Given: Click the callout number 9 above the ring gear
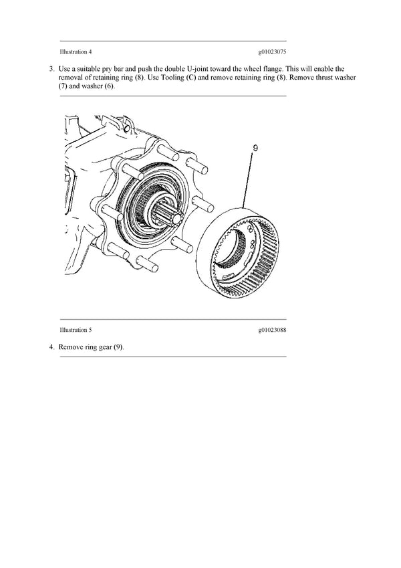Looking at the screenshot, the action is (x=255, y=148).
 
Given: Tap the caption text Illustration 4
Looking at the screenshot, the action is (x=76, y=52).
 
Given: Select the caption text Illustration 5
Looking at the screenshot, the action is (x=76, y=330).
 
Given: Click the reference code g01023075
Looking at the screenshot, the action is (x=272, y=52).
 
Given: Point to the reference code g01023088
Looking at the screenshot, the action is (x=272, y=330).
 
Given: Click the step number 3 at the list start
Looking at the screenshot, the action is (x=51, y=69).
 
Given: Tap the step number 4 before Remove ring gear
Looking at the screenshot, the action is (x=51, y=347).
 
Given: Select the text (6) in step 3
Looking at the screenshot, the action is (x=109, y=86).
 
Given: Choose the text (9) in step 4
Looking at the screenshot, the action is (x=118, y=347).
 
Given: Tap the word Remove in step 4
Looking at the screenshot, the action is (x=71, y=347).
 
